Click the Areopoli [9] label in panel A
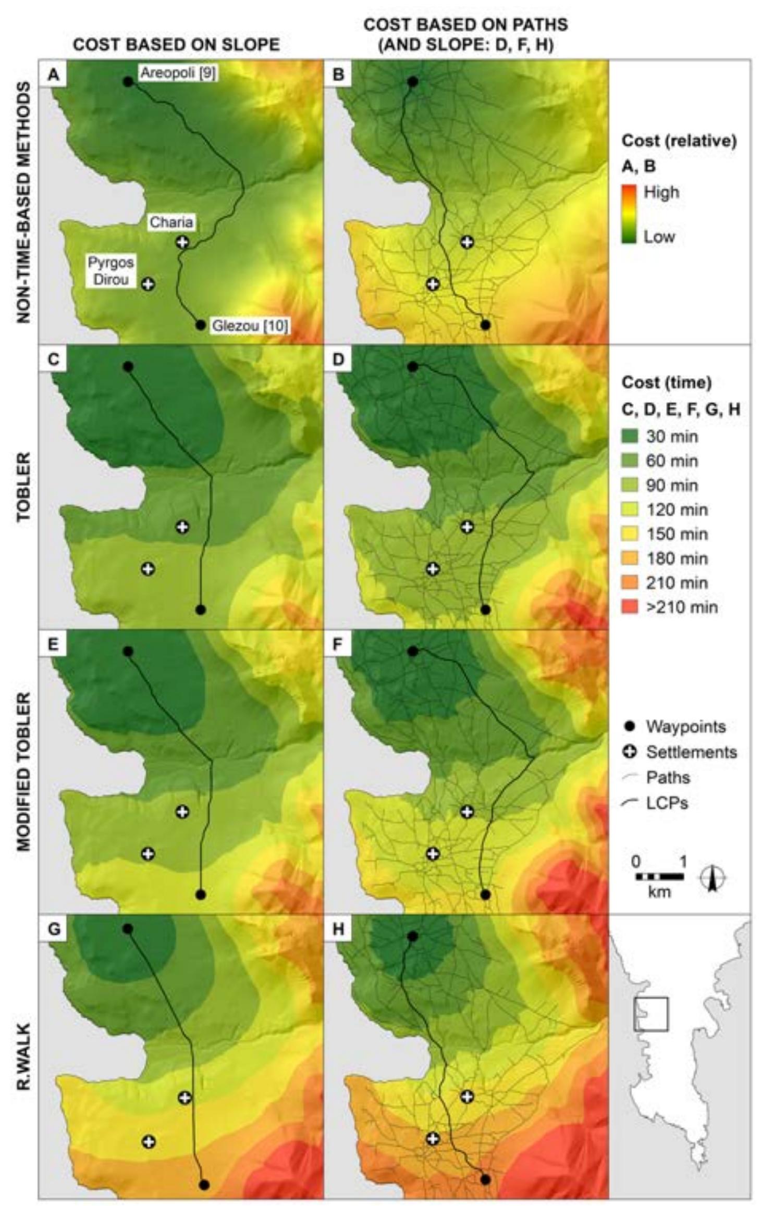tap(178, 74)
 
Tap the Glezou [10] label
tap(250, 327)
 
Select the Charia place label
tap(171, 222)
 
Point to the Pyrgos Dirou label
tap(111, 271)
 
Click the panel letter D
tap(338, 360)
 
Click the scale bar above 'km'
tap(659, 877)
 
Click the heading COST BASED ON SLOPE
tap(176, 45)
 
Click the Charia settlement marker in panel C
tap(182, 527)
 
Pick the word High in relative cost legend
tap(661, 192)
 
